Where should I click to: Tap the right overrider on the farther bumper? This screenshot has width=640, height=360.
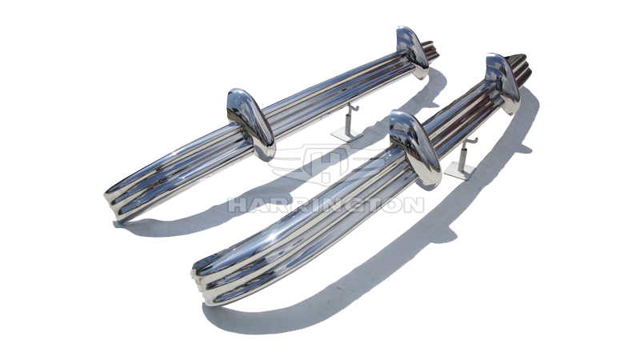413,51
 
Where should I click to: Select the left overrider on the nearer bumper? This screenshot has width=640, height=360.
415,149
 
